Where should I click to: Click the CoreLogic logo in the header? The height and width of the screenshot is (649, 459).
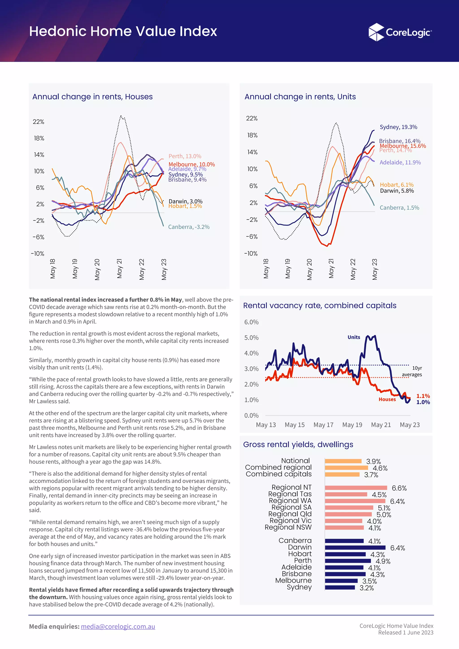pos(400,32)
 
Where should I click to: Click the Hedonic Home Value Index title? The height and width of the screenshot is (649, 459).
pos(123,31)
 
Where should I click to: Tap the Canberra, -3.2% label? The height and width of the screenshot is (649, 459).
pos(189,227)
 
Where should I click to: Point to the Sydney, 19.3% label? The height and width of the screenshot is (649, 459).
pos(398,127)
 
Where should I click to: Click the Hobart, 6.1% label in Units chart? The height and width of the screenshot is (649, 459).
pos(396,185)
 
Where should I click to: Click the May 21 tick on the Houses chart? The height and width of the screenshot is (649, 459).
pos(119,269)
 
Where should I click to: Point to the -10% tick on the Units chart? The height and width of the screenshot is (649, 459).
pos(251,254)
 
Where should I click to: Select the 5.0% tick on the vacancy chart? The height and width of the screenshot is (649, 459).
pos(251,338)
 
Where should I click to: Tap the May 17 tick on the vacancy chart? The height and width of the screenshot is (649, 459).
pos(323,425)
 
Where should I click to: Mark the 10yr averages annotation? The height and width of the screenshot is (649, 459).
pos(413,371)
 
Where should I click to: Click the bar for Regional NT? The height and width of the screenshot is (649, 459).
pos(356,488)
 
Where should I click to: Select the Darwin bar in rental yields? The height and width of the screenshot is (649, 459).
pos(355,548)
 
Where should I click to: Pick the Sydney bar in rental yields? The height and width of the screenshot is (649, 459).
pos(340,587)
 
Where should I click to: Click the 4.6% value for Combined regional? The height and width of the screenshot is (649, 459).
pos(380,468)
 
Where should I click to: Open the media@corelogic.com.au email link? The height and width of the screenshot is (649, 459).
pos(118,626)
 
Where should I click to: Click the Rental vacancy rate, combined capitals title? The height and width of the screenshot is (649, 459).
pos(320,306)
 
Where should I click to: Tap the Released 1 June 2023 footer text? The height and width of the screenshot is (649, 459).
pos(406,633)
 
